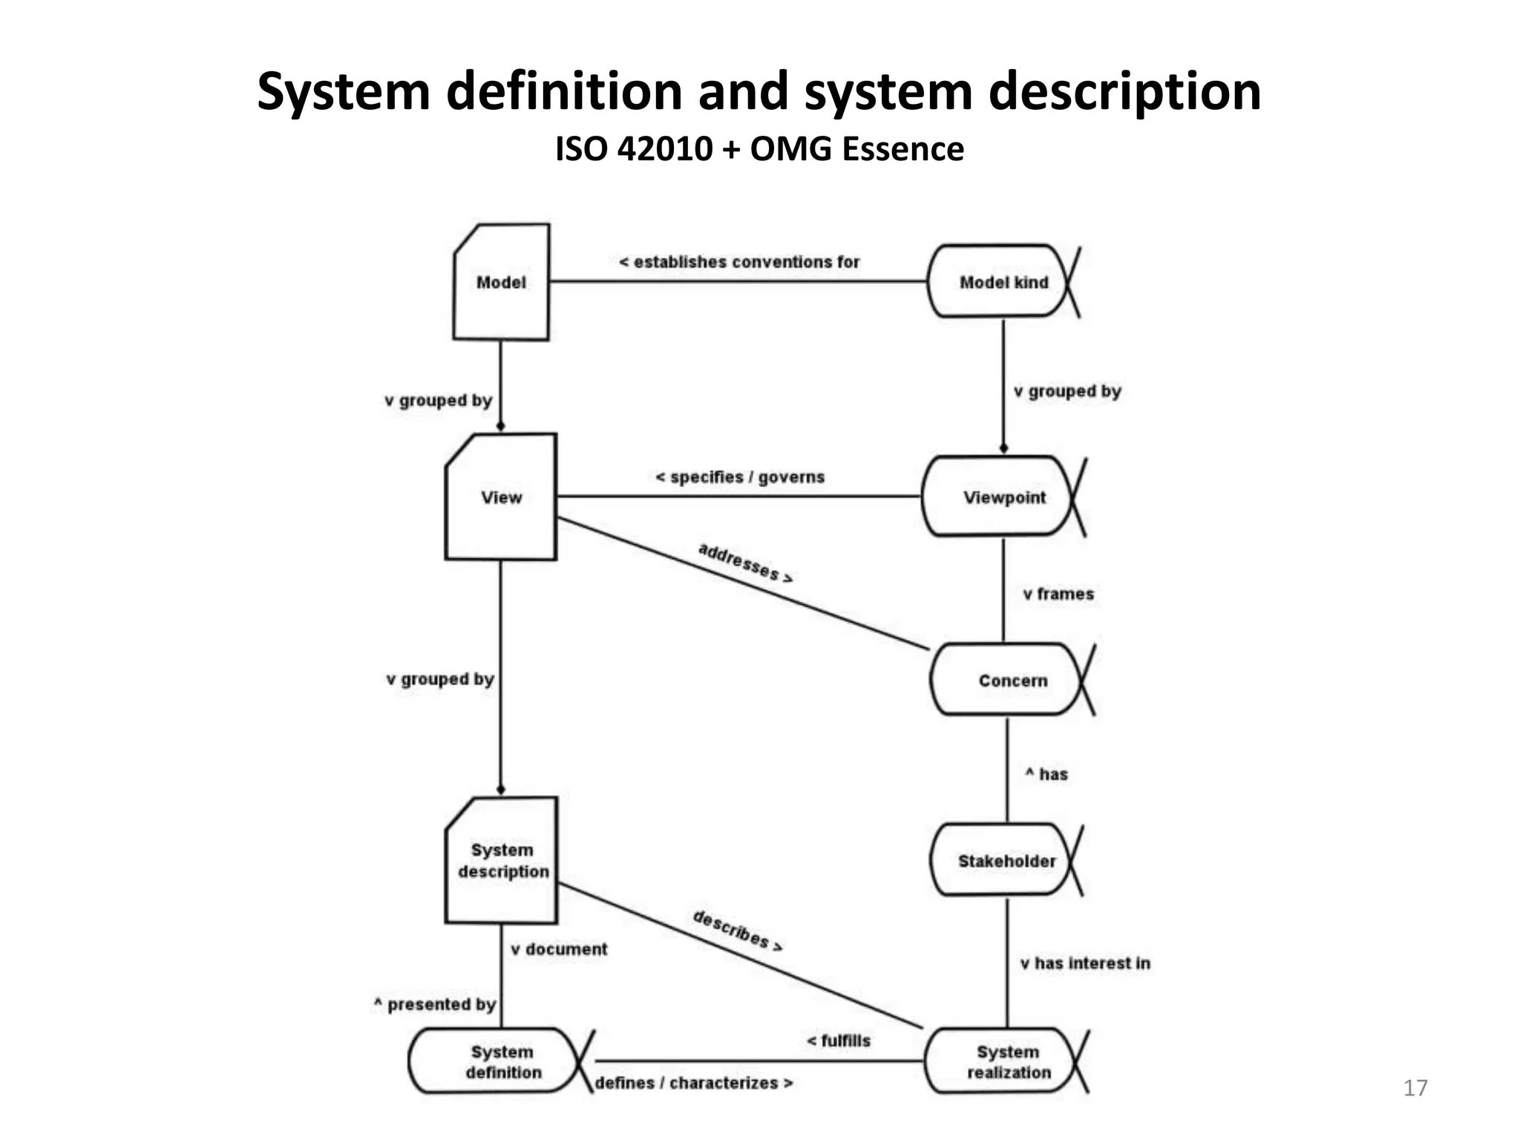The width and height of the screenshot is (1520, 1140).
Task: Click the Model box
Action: [x=501, y=283]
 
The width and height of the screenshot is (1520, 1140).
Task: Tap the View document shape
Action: [x=501, y=497]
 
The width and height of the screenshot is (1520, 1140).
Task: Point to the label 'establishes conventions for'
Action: [x=739, y=262]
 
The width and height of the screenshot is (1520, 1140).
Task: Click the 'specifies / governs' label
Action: [x=740, y=477]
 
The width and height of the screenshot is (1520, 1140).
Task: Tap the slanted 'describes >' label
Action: [x=738, y=930]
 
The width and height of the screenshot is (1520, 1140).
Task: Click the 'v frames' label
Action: [x=1058, y=594]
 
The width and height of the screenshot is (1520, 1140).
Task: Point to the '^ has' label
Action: [x=1046, y=774]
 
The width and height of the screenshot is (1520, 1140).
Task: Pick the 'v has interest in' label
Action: [x=1085, y=963]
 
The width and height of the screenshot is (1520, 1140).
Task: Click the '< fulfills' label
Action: [x=839, y=1041]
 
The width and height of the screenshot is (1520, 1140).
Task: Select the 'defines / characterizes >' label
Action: [x=694, y=1083]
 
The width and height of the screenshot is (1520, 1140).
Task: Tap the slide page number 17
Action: [x=1415, y=1088]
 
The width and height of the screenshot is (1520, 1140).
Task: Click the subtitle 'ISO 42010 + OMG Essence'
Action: [x=759, y=149]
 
